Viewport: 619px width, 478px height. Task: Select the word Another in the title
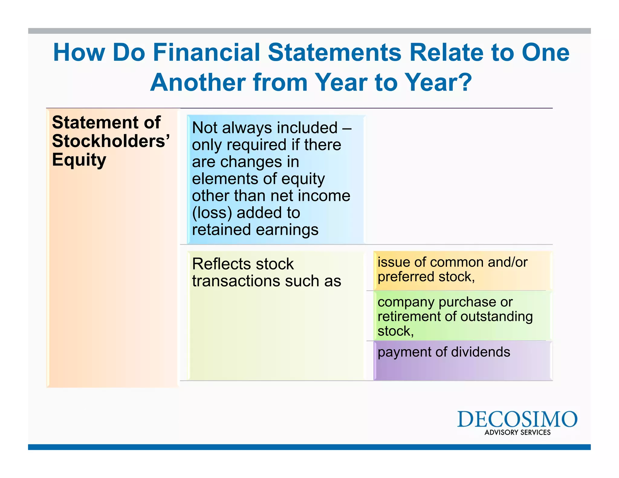pyautogui.click(x=198, y=82)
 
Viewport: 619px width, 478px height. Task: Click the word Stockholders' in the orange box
pyautogui.click(x=111, y=141)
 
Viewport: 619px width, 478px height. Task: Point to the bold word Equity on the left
pyautogui.click(x=79, y=160)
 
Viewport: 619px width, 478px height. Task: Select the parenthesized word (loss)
pyautogui.click(x=212, y=213)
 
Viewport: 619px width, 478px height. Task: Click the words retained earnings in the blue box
pyautogui.click(x=255, y=230)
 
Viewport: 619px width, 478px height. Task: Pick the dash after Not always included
pyautogui.click(x=347, y=128)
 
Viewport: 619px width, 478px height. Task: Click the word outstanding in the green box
pyautogui.click(x=496, y=317)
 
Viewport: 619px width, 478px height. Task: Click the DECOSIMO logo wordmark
pyautogui.click(x=517, y=419)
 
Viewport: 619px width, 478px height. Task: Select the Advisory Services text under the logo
pyautogui.click(x=517, y=432)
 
